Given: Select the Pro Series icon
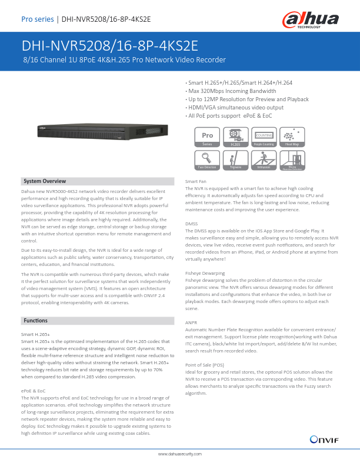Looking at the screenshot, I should pyautogui.click(x=207, y=137).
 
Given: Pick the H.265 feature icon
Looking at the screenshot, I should pyautogui.click(x=235, y=137).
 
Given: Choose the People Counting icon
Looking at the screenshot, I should pyautogui.click(x=264, y=137).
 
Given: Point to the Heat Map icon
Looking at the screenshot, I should pyautogui.click(x=292, y=137).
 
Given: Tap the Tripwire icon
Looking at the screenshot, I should pyautogui.click(x=235, y=161).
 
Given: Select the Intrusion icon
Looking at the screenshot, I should pyautogui.click(x=264, y=161).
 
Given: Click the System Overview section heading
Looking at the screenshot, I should pyautogui.click(x=45, y=181).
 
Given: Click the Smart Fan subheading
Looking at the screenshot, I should pyautogui.click(x=196, y=181).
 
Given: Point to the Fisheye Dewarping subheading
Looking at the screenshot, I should pyautogui.click(x=205, y=274).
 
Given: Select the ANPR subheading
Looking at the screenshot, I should pyautogui.click(x=191, y=323).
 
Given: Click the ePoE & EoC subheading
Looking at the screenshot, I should pyautogui.click(x=33, y=391).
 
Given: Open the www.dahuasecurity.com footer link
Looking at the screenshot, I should pyautogui.click(x=180, y=455).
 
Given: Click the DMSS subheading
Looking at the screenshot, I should pyautogui.click(x=192, y=224).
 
